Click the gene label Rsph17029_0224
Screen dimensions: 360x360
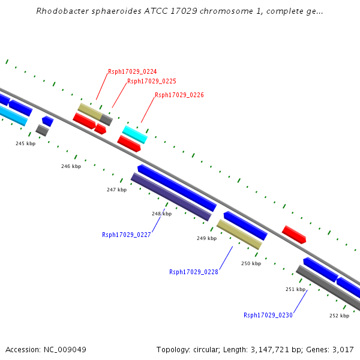coord(133,72)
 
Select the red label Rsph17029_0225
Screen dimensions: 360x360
coord(152,82)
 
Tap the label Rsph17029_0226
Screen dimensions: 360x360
coord(179,95)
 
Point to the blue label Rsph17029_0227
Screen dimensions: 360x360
coord(127,235)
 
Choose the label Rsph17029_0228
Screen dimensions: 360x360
coord(194,272)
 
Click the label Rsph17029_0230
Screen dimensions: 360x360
coord(268,315)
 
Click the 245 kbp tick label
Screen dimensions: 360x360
coord(25,143)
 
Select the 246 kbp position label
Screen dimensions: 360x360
coord(71,166)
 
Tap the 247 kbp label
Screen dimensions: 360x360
coord(117,190)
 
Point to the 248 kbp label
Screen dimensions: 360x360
coord(161,214)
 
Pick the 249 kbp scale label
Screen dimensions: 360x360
coord(206,239)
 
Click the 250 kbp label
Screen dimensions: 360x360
coord(251,263)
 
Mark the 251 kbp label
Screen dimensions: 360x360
coord(295,289)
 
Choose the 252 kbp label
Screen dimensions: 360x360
coord(339,316)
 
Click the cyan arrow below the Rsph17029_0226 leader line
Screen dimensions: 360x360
coord(135,134)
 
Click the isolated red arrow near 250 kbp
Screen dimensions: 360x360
coord(294,234)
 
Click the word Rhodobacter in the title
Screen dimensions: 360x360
coord(61,11)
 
